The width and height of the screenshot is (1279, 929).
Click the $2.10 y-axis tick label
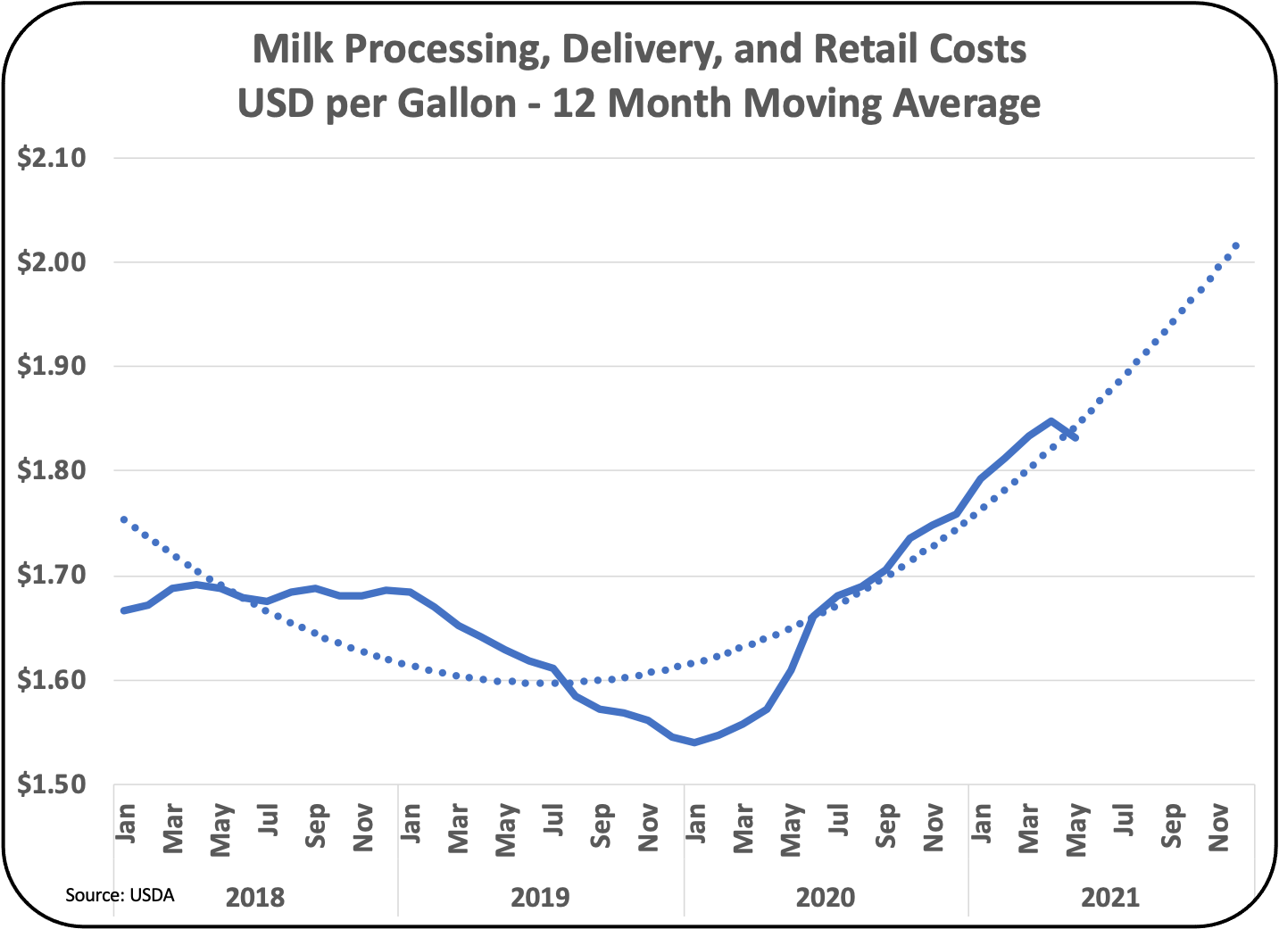(x=52, y=159)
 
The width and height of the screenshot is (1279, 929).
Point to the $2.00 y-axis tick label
(x=52, y=263)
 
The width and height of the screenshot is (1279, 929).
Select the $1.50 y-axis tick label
(x=52, y=785)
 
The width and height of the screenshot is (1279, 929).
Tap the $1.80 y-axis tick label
(x=52, y=471)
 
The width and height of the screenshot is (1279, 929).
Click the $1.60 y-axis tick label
(x=52, y=681)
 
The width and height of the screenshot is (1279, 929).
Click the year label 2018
(x=255, y=896)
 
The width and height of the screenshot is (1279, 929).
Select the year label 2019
(x=540, y=896)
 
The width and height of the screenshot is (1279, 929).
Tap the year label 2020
(x=825, y=896)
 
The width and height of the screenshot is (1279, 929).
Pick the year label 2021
(x=1110, y=896)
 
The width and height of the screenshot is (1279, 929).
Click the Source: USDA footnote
(x=120, y=894)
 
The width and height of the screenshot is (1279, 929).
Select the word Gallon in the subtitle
(x=456, y=104)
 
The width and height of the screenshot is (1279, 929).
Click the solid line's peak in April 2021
(x=1051, y=420)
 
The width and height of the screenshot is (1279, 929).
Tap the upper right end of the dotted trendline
(x=1236, y=245)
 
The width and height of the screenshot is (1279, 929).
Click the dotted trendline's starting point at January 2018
(x=123, y=518)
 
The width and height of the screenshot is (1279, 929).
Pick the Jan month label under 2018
(x=126, y=823)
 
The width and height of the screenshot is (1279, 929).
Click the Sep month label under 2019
(x=602, y=825)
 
